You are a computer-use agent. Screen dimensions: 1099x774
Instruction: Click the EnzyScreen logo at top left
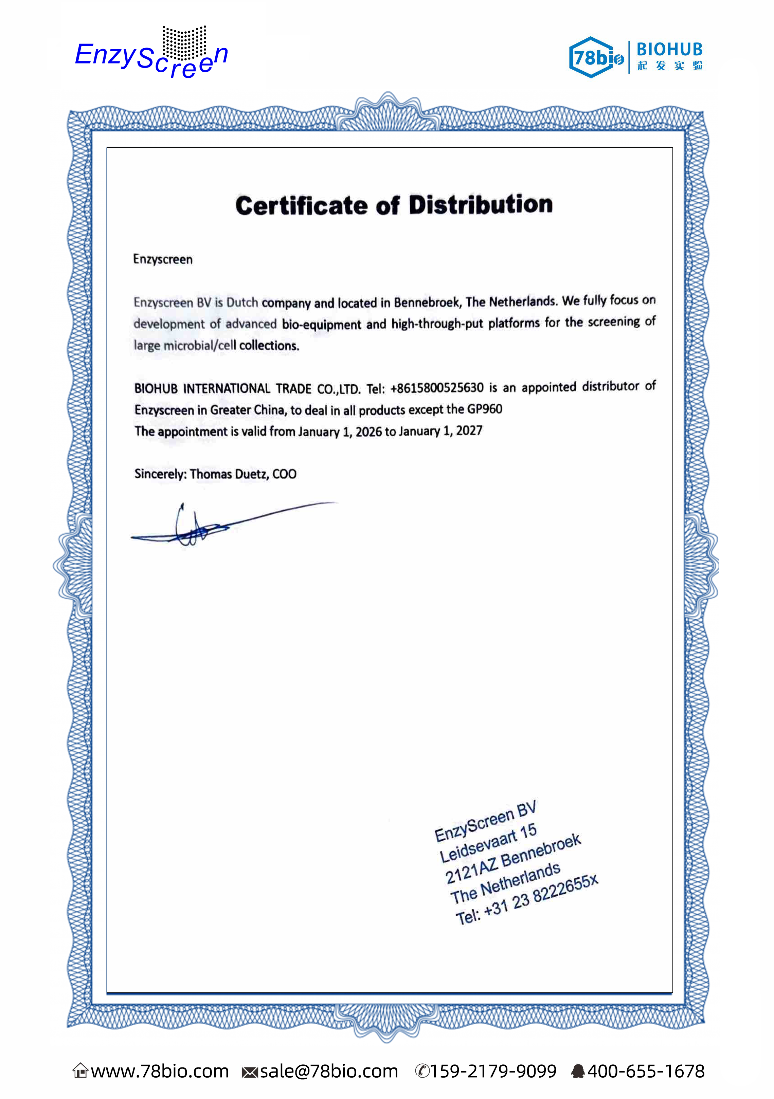pos(151,55)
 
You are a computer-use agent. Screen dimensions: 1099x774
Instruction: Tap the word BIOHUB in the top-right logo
pos(669,49)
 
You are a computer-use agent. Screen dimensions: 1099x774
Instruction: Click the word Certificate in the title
pos(301,206)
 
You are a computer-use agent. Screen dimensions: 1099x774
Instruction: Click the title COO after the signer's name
pos(285,474)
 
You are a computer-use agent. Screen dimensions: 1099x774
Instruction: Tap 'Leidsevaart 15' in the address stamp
pos(488,843)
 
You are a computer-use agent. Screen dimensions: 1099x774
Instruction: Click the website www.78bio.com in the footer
pos(160,1071)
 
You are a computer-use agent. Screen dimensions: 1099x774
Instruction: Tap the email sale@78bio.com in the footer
pos(328,1071)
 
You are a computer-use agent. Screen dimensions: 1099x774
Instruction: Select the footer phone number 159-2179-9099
pos(493,1071)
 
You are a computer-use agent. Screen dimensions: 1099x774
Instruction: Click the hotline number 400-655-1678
pos(646,1071)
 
